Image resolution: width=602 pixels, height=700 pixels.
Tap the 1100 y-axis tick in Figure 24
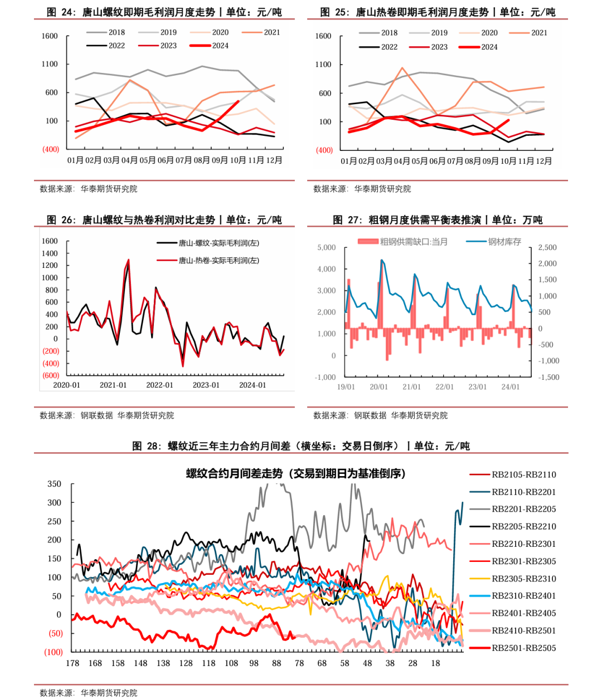coord(50,64)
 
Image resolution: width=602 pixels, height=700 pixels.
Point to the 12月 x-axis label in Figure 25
coord(543,161)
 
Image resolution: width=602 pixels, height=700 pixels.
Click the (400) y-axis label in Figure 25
coord(324,150)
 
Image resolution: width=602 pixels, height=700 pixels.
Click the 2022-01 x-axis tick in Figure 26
coord(160,385)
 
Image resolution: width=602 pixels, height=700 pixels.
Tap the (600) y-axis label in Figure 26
coord(51,375)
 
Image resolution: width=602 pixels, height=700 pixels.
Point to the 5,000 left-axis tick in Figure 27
coord(327,247)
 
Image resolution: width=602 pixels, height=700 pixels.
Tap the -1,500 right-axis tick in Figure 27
coord(548,377)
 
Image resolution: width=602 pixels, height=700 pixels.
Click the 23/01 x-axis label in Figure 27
coord(478,386)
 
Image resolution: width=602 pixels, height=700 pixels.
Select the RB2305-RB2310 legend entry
coord(523,579)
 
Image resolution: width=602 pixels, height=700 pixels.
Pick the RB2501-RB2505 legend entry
coord(523,648)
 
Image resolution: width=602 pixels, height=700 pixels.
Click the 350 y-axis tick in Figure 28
coord(54,484)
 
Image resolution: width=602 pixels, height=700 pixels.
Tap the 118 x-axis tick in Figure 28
coord(208,663)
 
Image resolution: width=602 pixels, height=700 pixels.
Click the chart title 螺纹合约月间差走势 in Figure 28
coord(296,474)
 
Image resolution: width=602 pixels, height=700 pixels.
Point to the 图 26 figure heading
coord(164,220)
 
